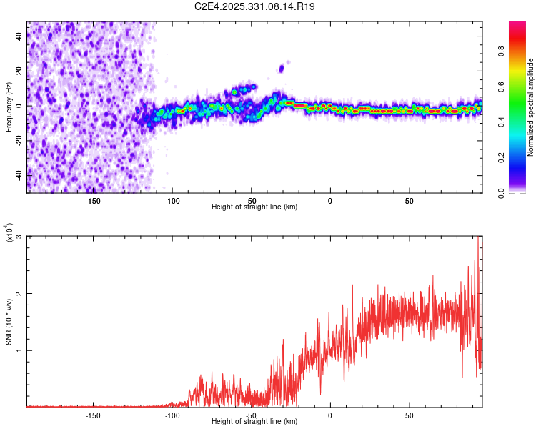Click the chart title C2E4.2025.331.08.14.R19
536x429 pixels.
(254, 6)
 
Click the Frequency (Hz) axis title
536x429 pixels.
(9, 107)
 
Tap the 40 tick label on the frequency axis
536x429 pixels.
(19, 36)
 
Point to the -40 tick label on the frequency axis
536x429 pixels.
(19, 176)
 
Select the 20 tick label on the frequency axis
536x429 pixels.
(19, 71)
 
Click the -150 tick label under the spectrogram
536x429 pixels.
(93, 201)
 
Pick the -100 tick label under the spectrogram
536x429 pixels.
(172, 201)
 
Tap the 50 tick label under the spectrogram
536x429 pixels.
(410, 201)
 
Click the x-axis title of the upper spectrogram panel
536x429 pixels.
(254, 207)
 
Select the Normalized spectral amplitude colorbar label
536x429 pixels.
(530, 107)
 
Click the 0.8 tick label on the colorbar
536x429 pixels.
(502, 51)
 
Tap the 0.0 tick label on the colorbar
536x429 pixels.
(502, 193)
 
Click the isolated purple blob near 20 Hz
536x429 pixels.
(282, 69)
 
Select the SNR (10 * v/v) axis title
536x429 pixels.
(9, 322)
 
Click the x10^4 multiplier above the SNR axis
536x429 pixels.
(9, 232)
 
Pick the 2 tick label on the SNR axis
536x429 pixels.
(19, 294)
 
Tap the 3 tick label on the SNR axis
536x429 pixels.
(19, 237)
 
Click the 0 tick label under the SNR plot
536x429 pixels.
(330, 415)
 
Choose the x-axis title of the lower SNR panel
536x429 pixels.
(254, 421)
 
